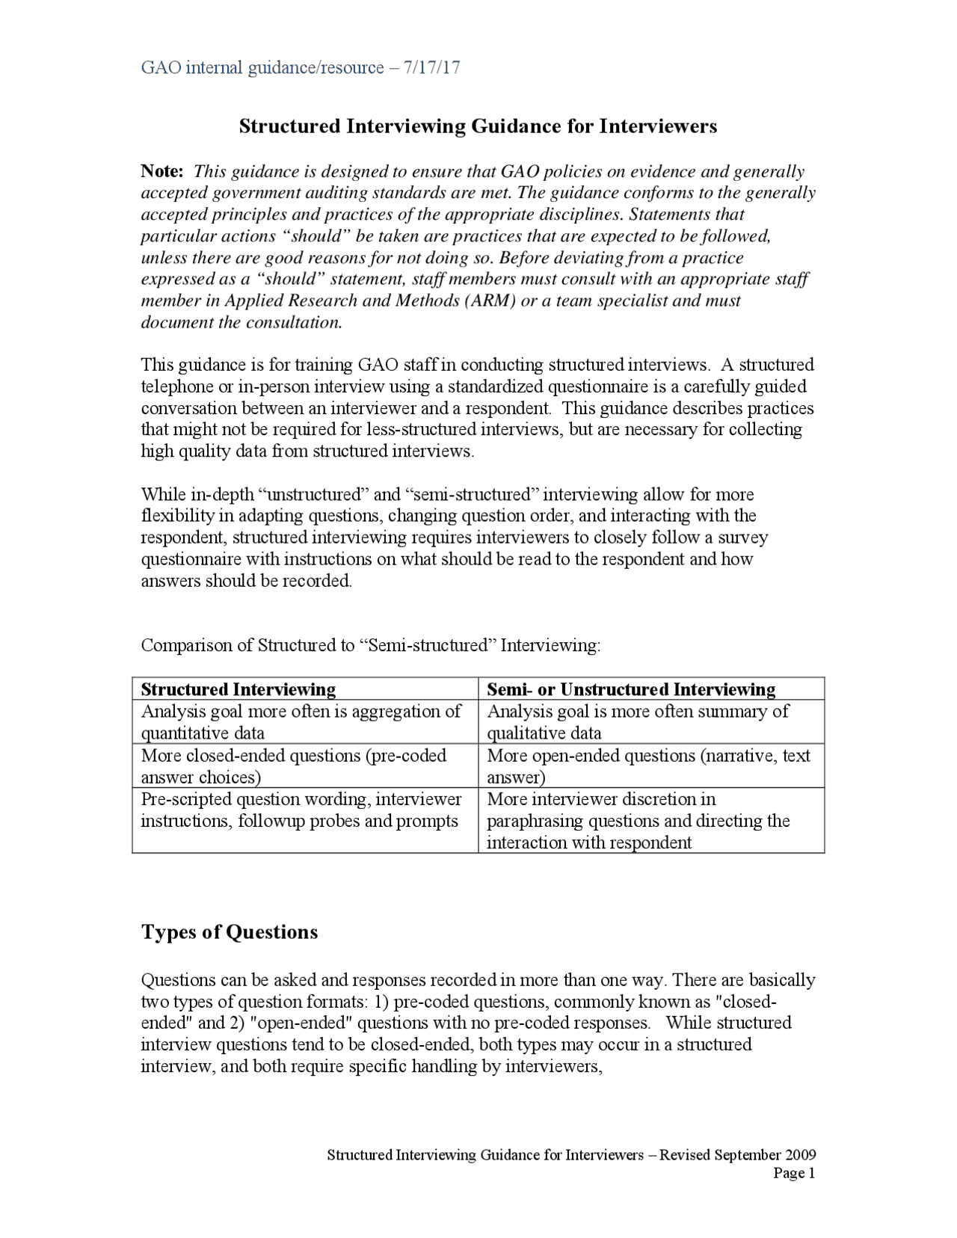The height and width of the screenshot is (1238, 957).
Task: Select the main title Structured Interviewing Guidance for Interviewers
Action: click(x=478, y=126)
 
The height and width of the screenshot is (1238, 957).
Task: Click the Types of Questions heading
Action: click(x=230, y=931)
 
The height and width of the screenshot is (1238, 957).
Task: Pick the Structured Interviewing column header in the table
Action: click(x=239, y=689)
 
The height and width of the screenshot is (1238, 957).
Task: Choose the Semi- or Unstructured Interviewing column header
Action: click(x=631, y=689)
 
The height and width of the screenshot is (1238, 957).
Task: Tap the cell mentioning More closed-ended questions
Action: click(x=293, y=766)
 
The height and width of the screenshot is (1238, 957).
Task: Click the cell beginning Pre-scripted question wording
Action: click(x=301, y=810)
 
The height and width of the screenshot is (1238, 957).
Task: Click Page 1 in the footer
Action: click(x=794, y=1173)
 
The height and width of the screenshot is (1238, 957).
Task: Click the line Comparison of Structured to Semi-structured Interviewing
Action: click(x=370, y=645)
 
